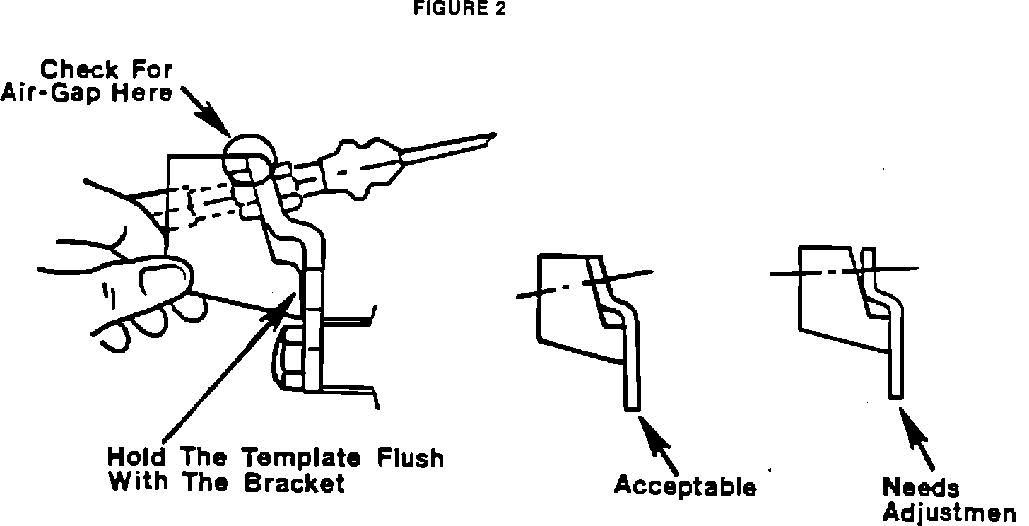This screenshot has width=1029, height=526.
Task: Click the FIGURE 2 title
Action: tap(459, 8)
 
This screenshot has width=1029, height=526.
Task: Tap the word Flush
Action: tap(411, 457)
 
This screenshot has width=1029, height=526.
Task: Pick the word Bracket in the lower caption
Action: tap(295, 483)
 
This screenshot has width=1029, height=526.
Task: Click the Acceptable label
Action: tap(685, 485)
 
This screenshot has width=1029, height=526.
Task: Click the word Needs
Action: tap(921, 487)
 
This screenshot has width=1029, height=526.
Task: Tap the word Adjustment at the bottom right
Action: tap(949, 513)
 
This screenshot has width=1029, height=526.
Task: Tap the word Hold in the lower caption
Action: tap(136, 457)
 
